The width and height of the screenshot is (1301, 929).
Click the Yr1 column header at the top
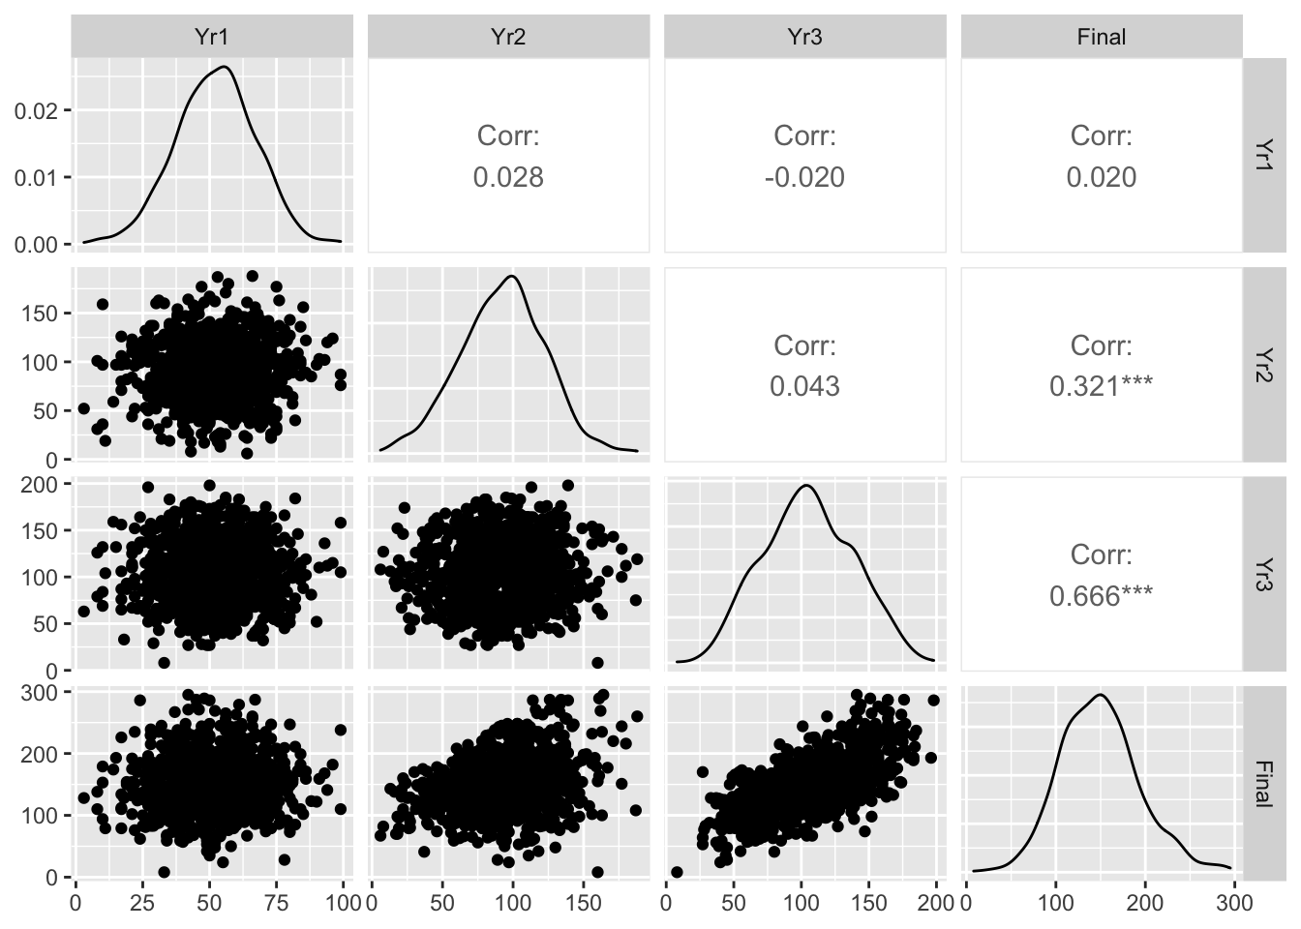pos(212,37)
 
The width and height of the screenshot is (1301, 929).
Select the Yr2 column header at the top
pos(508,37)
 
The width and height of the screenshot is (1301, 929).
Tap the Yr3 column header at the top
pos(804,37)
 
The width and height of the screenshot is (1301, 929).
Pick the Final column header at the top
pos(1101,37)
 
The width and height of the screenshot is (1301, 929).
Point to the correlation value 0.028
pos(508,177)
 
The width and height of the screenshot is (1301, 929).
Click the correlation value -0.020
pos(804,177)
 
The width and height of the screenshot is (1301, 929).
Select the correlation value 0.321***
pos(1101,386)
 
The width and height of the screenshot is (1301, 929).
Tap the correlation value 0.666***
pos(1101,595)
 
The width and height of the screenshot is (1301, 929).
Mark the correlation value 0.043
pos(804,386)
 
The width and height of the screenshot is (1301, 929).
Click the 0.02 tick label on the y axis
pos(37,109)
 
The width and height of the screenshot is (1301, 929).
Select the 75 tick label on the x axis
pos(276,903)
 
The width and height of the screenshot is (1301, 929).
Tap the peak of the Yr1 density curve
pos(225,67)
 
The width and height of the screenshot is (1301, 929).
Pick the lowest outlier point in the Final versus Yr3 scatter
pos(677,872)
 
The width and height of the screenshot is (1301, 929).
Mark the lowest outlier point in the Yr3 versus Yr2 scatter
pos(597,663)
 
